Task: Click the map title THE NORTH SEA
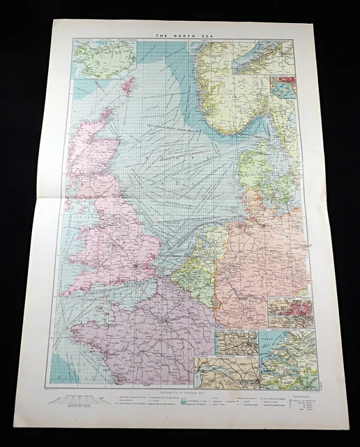click(x=179, y=34)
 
